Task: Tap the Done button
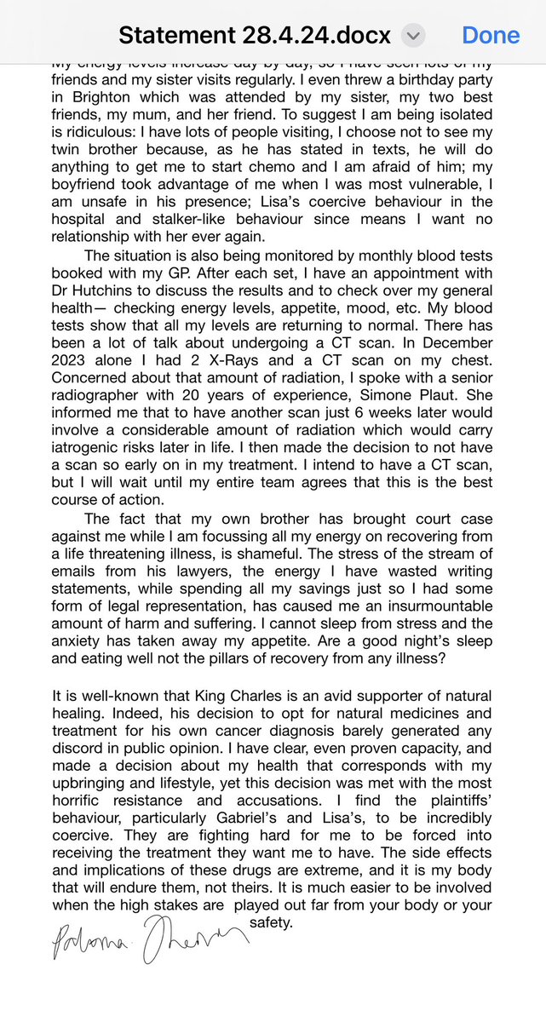[x=491, y=36]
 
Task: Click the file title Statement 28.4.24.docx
[x=255, y=36]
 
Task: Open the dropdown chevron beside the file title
[x=413, y=36]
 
